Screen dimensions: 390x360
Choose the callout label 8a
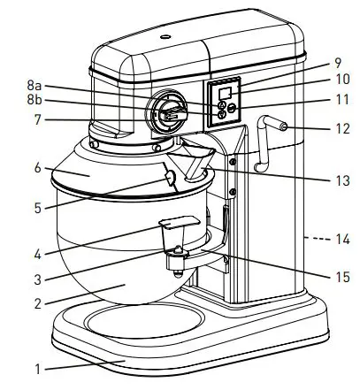pyautogui.click(x=34, y=86)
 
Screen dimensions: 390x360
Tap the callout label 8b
pyautogui.click(x=34, y=103)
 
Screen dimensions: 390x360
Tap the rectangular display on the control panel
pyautogui.click(x=225, y=93)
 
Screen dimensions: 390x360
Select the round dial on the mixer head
pyautogui.click(x=167, y=115)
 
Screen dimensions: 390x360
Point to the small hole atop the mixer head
pyautogui.click(x=165, y=38)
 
